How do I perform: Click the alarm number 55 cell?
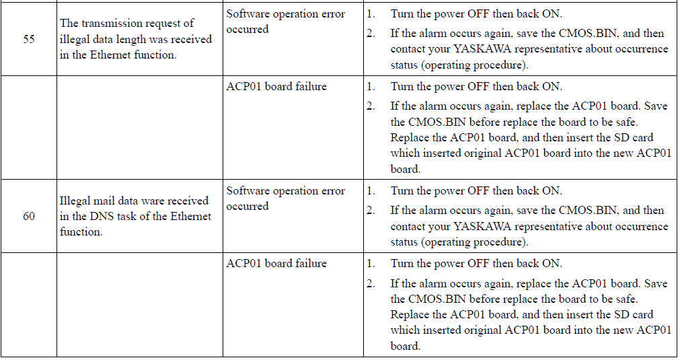point(29,39)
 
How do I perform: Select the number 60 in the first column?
point(29,216)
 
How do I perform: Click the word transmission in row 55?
point(112,23)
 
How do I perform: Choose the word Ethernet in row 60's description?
point(190,216)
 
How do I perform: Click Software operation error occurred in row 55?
point(285,22)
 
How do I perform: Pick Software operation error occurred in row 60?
point(285,199)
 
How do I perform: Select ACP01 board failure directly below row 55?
point(276,86)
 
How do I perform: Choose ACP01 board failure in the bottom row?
point(276,263)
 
